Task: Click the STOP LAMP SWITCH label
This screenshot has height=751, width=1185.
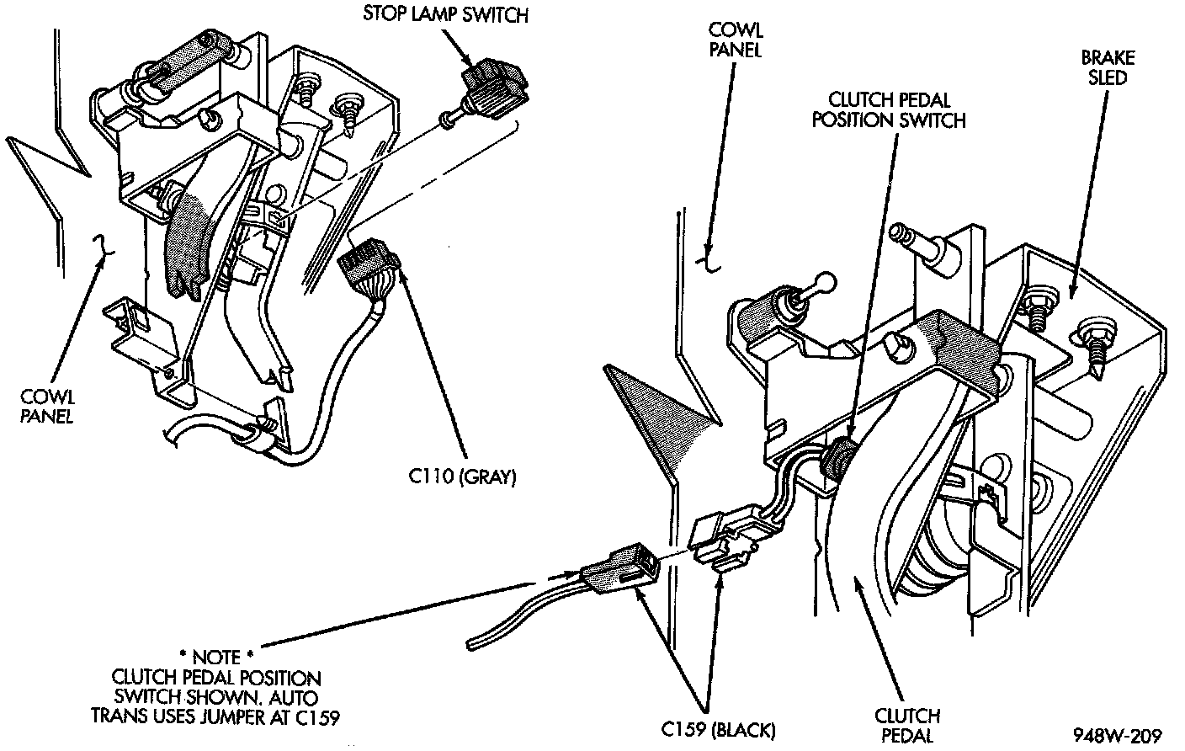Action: tap(445, 14)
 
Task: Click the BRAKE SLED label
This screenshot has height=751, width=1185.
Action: tap(1108, 68)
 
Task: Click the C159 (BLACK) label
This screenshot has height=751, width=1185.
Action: tap(718, 728)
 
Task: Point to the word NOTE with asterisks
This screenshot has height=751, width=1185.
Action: tap(216, 656)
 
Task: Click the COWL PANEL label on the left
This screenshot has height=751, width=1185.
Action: tap(47, 407)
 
